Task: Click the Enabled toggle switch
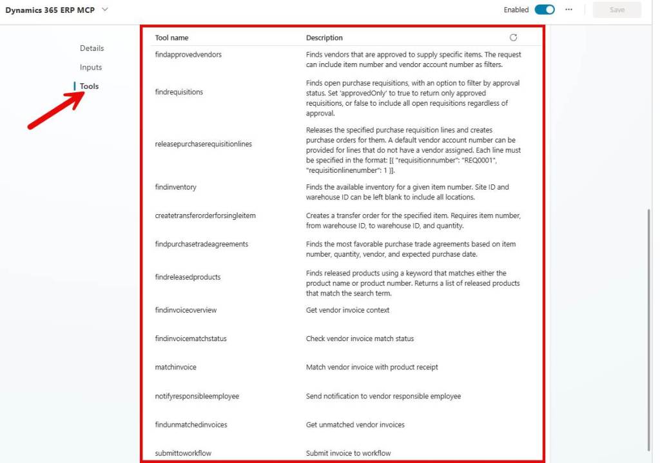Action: (x=545, y=10)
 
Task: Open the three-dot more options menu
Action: (x=568, y=10)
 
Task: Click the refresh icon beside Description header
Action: (x=513, y=37)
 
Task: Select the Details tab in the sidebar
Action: (x=92, y=48)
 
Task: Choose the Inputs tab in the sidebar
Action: (x=91, y=67)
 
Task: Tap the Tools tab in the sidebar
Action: (x=89, y=86)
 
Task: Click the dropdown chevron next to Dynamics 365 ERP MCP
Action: (x=105, y=10)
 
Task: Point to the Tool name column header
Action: (x=172, y=38)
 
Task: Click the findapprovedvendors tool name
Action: (x=188, y=55)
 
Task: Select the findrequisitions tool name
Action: (x=179, y=92)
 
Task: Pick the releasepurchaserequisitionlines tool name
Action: (x=204, y=144)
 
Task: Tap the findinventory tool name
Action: (x=176, y=187)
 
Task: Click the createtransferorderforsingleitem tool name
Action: (x=206, y=215)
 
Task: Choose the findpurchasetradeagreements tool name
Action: (x=202, y=244)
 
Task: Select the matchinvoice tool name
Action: (x=176, y=367)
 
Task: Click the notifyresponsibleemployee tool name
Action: (x=197, y=396)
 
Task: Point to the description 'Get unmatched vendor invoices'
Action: (x=355, y=425)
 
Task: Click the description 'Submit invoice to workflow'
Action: (x=348, y=453)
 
